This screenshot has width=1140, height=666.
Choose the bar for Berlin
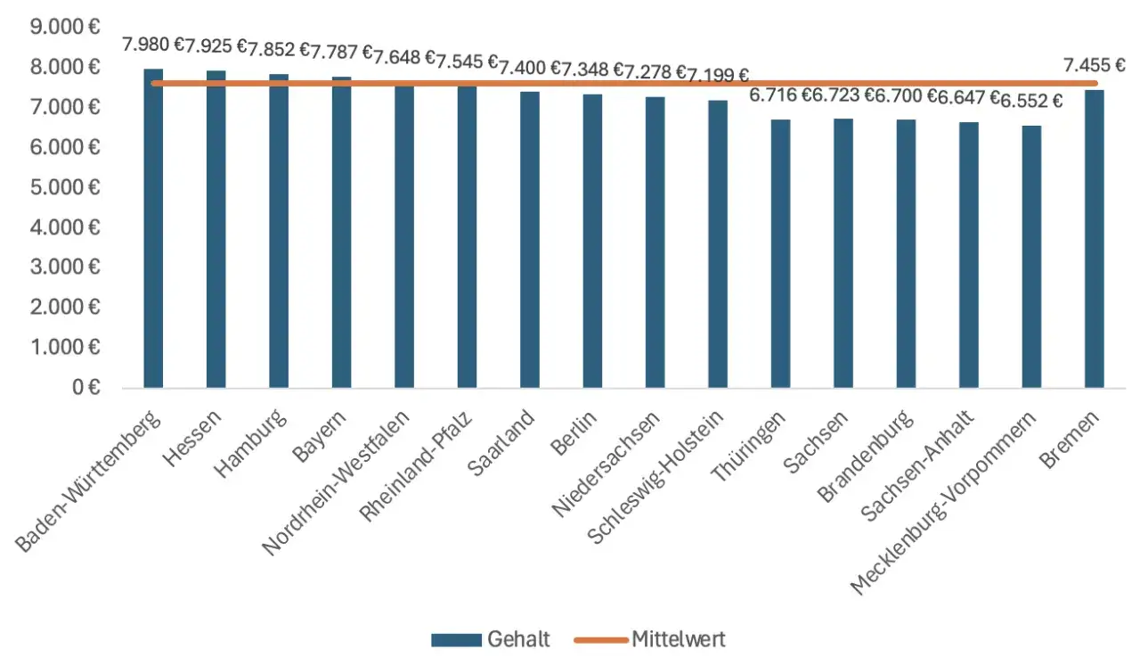592,242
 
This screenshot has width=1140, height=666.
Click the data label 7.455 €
1095,65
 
